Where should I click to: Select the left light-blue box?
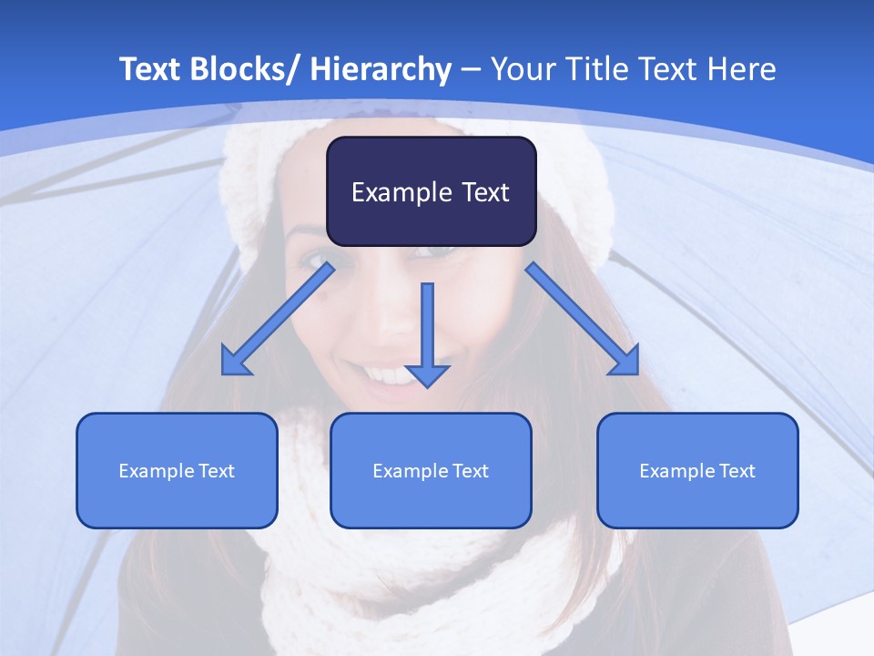(x=177, y=470)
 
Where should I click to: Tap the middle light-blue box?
(x=431, y=470)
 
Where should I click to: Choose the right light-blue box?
(x=697, y=470)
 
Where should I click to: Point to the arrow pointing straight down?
(x=428, y=333)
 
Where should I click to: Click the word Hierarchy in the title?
(x=380, y=69)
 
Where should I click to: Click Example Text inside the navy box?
(x=431, y=192)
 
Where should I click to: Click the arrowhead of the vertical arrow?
(x=428, y=374)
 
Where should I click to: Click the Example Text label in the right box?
(x=697, y=471)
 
